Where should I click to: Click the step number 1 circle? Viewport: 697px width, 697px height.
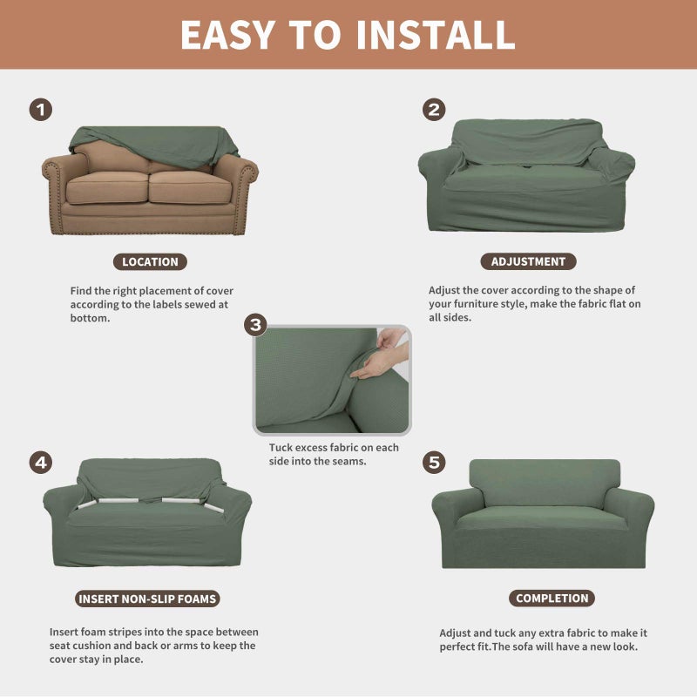point(41,110)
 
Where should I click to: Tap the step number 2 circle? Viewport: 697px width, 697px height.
point(434,110)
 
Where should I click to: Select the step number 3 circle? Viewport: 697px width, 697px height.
point(255,326)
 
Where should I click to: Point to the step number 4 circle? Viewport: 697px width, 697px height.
point(41,462)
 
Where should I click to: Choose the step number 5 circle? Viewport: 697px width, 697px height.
point(434,462)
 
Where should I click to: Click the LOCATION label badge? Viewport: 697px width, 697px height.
point(150,261)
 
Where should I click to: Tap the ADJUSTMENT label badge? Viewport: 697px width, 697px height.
point(528,261)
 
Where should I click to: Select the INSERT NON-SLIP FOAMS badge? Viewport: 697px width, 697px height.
point(147,599)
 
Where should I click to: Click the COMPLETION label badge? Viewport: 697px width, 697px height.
point(552,599)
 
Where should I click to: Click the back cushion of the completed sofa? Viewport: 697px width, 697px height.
point(545,481)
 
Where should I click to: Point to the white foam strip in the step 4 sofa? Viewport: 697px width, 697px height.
point(122,502)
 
